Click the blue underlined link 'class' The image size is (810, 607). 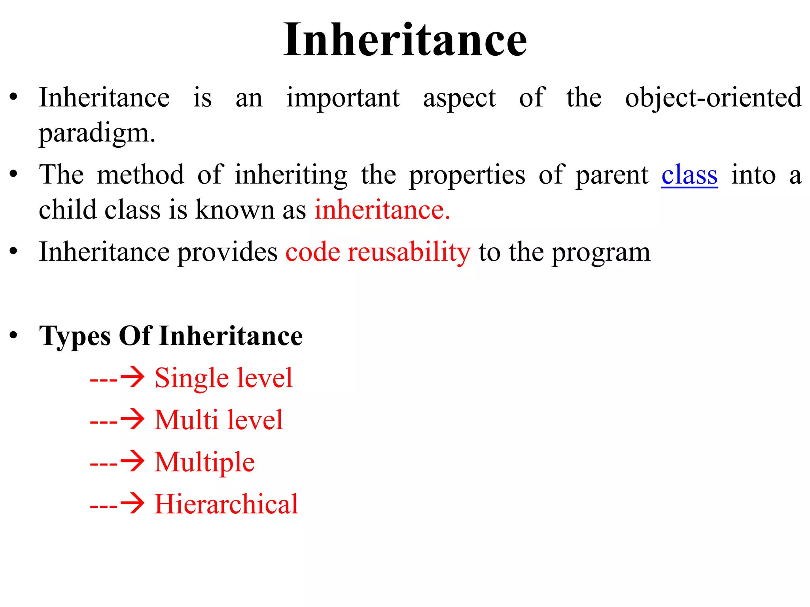pyautogui.click(x=689, y=175)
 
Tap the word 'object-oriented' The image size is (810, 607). pyautogui.click(x=713, y=98)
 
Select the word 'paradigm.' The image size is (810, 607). pyautogui.click(x=97, y=134)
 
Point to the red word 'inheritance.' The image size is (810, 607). pyautogui.click(x=382, y=210)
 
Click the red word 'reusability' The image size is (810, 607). pyautogui.click(x=409, y=252)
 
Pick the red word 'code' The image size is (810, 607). pyautogui.click(x=312, y=252)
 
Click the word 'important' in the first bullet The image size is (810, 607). pyautogui.click(x=343, y=98)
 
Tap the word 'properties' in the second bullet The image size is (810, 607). pyautogui.click(x=467, y=175)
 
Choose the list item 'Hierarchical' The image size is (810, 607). pyautogui.click(x=226, y=504)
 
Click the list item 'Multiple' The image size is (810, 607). pyautogui.click(x=204, y=462)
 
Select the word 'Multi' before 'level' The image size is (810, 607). pyautogui.click(x=186, y=420)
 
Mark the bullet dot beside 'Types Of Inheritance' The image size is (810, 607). pyautogui.click(x=14, y=336)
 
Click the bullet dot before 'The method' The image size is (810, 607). pyautogui.click(x=14, y=174)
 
